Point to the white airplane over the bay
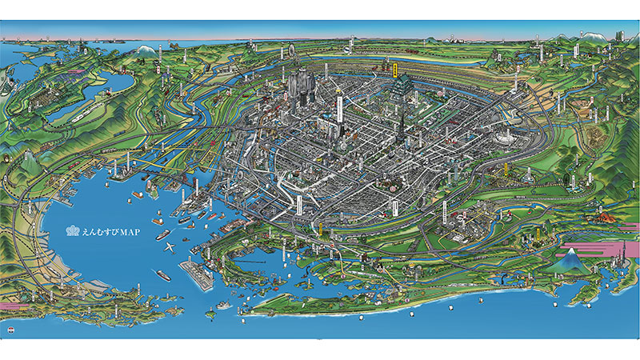tap(169, 246)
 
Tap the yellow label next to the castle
tap(394, 66)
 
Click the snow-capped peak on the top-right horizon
tap(590, 36)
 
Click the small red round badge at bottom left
tap(11, 330)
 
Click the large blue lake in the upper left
tap(113, 83)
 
